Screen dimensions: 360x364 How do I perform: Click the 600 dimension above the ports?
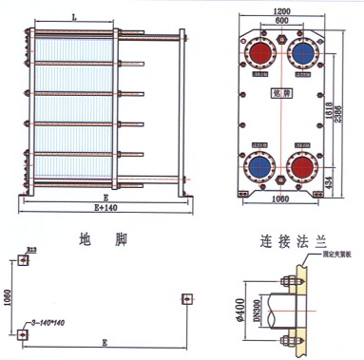point(282,21)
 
